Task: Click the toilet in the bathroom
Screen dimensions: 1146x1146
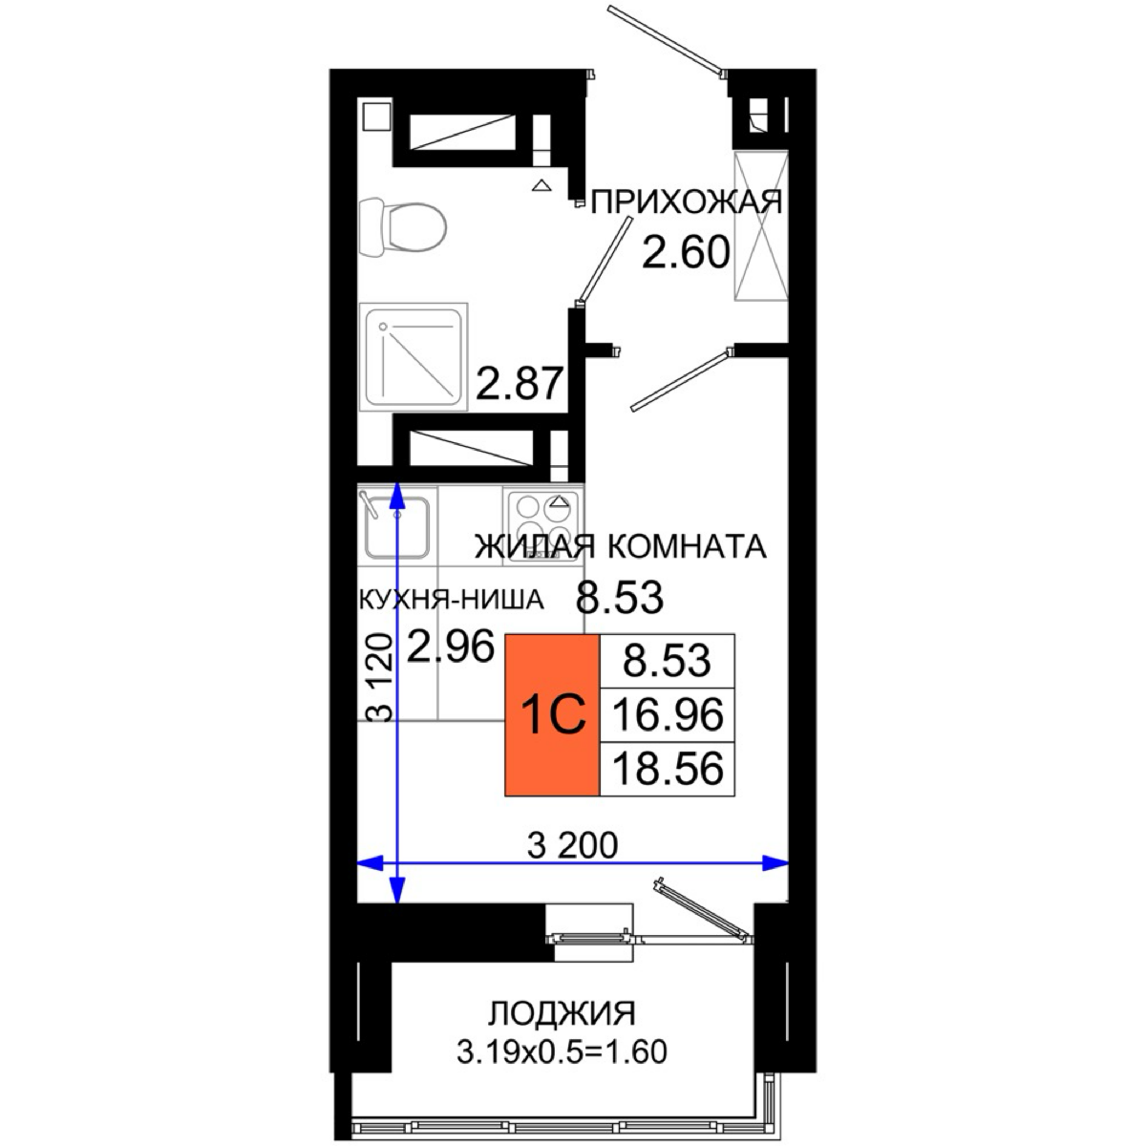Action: (403, 228)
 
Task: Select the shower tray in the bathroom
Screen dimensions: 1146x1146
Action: (414, 356)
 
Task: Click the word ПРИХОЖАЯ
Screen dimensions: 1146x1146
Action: (687, 202)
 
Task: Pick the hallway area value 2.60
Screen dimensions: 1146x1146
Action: (686, 252)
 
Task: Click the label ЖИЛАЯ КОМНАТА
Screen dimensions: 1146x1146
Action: (620, 546)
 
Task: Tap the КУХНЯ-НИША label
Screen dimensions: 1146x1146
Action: (452, 601)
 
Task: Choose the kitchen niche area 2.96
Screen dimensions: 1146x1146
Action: (451, 647)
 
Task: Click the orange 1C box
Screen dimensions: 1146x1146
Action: (553, 714)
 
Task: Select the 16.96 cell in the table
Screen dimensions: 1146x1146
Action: (668, 715)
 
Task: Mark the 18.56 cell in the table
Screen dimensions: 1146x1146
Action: (668, 769)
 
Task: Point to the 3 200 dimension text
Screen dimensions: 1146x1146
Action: (573, 845)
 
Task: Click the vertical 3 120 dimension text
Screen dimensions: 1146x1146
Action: (380, 678)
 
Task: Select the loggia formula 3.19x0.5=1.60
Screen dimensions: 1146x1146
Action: (562, 1052)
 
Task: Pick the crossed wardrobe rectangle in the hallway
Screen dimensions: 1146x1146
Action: (761, 226)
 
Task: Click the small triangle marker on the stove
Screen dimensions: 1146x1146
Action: (557, 501)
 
